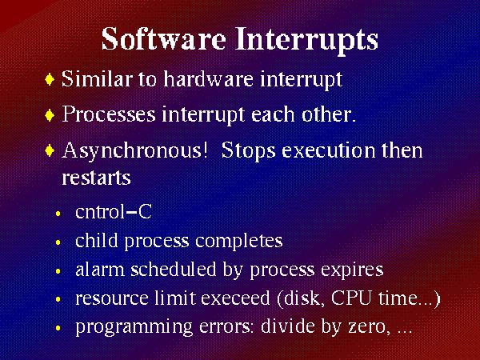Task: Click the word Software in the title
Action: tap(164, 39)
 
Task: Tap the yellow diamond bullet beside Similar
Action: tap(50, 79)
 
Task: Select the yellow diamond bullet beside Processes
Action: tap(50, 115)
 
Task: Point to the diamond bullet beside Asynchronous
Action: tap(50, 151)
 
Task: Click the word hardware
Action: tap(209, 78)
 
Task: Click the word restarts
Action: tap(96, 178)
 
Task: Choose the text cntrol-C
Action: tap(114, 211)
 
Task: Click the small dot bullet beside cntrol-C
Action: tap(58, 214)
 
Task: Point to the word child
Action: tap(97, 241)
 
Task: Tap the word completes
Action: tap(238, 242)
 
